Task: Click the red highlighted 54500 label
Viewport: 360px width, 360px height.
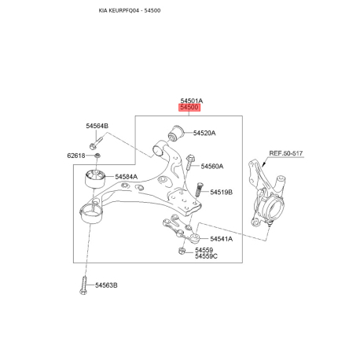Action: pyautogui.click(x=189, y=108)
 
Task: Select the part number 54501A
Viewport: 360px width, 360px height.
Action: pyautogui.click(x=192, y=101)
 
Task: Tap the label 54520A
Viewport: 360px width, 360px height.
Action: pyautogui.click(x=204, y=133)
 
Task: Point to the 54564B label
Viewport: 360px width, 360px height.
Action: pyautogui.click(x=97, y=126)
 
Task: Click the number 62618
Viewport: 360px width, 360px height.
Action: pyautogui.click(x=76, y=156)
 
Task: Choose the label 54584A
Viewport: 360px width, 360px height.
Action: pyautogui.click(x=127, y=177)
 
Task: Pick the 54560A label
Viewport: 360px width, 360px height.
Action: pyautogui.click(x=212, y=167)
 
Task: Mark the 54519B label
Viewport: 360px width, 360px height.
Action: pyautogui.click(x=221, y=193)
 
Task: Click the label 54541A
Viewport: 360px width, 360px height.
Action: pyautogui.click(x=221, y=239)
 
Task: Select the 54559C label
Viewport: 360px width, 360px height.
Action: pyautogui.click(x=206, y=256)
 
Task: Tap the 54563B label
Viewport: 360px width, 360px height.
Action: pyautogui.click(x=106, y=285)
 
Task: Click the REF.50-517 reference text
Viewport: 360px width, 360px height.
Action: pyautogui.click(x=286, y=153)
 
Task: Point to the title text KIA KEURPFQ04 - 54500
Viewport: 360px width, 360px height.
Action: pyautogui.click(x=130, y=10)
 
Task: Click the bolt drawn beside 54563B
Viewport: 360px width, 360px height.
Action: pyautogui.click(x=83, y=285)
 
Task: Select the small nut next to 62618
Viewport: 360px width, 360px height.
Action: pyautogui.click(x=97, y=156)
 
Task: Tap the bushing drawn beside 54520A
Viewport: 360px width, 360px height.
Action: pyautogui.click(x=175, y=133)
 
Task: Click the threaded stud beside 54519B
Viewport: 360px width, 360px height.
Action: pyautogui.click(x=199, y=189)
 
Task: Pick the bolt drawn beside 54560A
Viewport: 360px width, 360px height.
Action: pyautogui.click(x=189, y=162)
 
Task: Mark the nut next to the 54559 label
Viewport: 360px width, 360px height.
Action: pyautogui.click(x=182, y=251)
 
